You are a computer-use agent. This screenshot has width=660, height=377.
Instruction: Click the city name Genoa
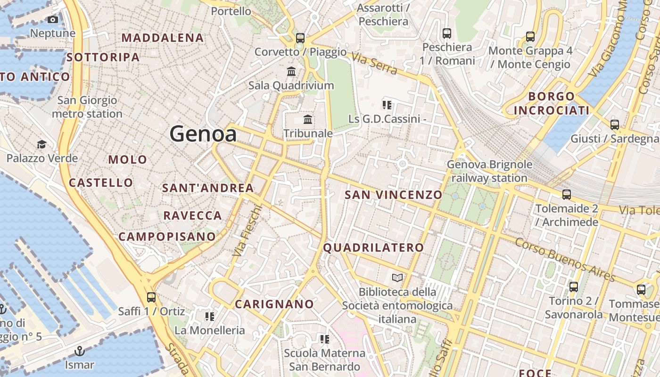pos(203,134)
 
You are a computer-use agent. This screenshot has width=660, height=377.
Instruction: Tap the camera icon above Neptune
pos(53,20)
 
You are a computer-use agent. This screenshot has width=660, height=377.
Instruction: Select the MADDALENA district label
pos(163,38)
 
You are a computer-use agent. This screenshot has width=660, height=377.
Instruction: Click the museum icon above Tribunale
pos(308,119)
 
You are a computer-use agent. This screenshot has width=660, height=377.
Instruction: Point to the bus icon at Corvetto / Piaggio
pos(300,38)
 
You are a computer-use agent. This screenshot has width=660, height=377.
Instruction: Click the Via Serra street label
pos(374,65)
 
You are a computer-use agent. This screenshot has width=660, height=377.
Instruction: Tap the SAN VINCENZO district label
pos(394,195)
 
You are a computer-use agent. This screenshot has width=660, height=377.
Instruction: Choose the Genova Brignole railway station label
pos(489,172)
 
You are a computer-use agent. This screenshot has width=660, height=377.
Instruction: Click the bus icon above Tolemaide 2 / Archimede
pos(567,194)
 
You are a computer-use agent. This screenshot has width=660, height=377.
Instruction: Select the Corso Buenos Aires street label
pos(565,259)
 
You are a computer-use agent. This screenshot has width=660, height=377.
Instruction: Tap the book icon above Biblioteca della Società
pos(397,278)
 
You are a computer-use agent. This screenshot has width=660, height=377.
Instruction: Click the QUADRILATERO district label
pos(373,247)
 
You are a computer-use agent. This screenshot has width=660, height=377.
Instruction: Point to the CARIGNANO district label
pos(274,304)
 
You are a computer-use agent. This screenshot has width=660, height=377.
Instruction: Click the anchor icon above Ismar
pos(80,351)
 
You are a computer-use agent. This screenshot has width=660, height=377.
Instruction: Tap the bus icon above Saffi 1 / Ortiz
pos(151,297)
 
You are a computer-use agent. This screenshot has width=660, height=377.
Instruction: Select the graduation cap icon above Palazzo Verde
pos(42,144)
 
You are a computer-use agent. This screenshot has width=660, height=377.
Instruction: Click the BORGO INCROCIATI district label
pos(552,104)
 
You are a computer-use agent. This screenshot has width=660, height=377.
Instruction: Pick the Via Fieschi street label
pos(247,231)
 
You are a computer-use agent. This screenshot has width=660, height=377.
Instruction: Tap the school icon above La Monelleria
pos(210,316)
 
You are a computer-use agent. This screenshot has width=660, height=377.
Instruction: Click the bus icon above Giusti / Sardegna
pos(615,125)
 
